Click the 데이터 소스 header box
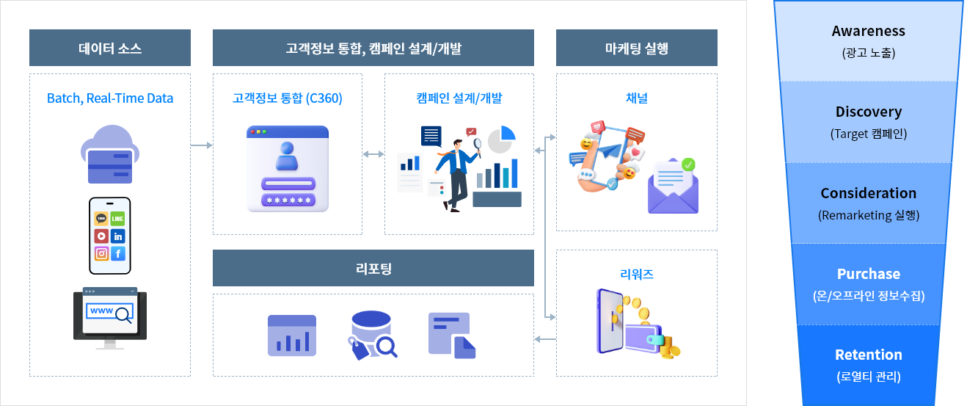pos(110,48)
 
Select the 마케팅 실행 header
pos(636,48)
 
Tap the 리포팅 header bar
pos(373,268)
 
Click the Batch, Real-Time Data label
pos(110,98)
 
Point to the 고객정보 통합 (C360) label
pos(288,98)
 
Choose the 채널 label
pos(636,98)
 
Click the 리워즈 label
pos(636,275)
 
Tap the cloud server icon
pos(109,154)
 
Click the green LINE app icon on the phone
pos(117,219)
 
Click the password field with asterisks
pos(288,200)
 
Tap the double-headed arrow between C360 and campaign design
pos(373,154)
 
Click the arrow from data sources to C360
pos(201,145)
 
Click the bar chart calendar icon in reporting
pos(292,336)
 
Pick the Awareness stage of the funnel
pos(868,40)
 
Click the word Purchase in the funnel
pos(869,274)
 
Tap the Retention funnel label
pos(869,355)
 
